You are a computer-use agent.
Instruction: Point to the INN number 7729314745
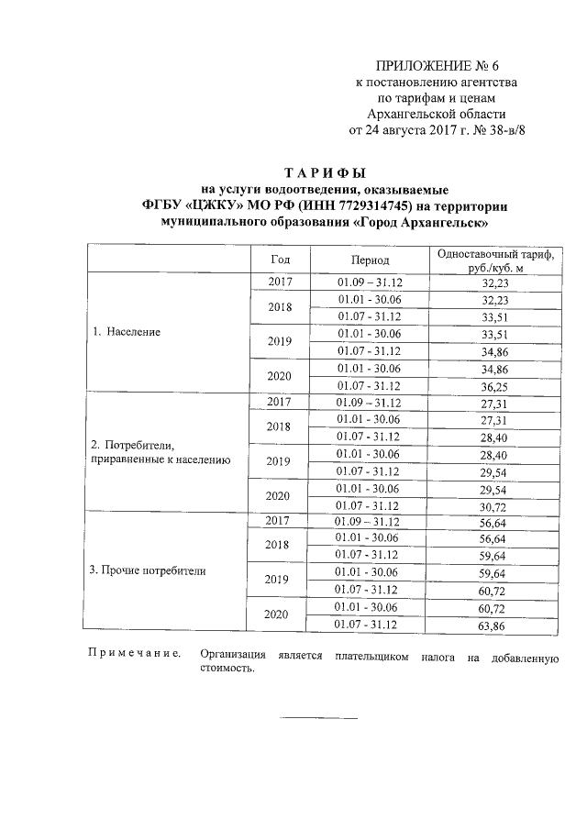pos(366,205)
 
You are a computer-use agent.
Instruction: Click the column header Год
pos(280,260)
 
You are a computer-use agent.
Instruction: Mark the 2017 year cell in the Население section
pos(280,282)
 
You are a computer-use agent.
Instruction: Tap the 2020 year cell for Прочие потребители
pos(279,615)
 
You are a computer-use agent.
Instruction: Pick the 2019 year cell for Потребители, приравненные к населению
pos(279,461)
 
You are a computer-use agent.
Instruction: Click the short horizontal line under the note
pos(317,716)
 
